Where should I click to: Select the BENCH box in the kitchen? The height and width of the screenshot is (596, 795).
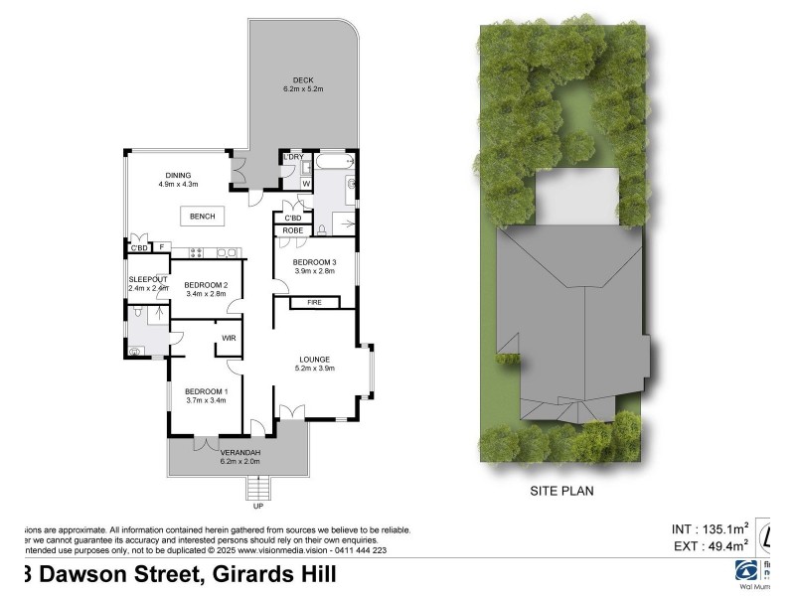202,216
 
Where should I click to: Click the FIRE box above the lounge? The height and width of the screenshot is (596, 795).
314,302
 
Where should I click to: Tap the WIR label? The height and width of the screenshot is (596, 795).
229,339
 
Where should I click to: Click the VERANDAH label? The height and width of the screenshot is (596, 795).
239,456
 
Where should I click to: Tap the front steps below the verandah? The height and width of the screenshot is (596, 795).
258,489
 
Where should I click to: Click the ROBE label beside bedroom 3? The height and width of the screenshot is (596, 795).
292,230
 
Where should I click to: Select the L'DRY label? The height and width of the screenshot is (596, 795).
293,158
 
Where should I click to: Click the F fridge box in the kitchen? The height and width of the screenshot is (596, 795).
160,246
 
